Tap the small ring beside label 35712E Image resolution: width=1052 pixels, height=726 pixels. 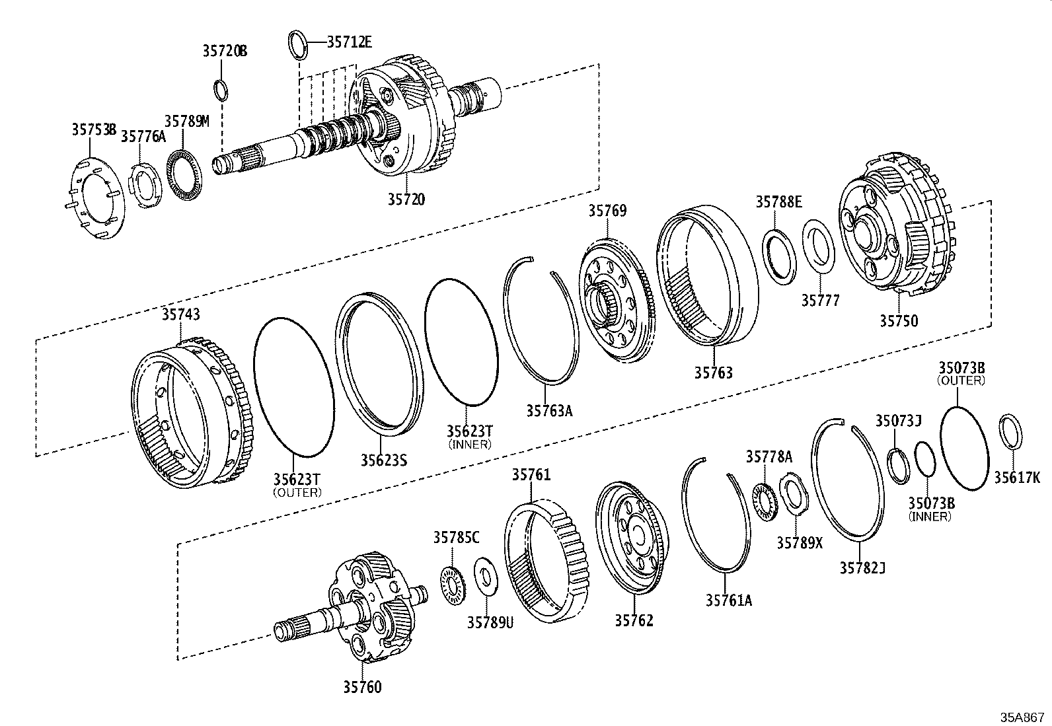point(298,44)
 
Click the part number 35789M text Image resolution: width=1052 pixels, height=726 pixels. point(186,121)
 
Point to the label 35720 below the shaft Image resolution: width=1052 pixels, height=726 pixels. point(406,198)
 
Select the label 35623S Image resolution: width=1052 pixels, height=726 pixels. point(383,459)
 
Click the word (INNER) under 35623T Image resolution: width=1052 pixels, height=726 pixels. point(469,445)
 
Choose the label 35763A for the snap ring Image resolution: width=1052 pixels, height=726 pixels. point(549,410)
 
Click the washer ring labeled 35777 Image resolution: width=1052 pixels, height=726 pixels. point(820,248)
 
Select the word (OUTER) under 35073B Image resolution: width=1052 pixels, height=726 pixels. point(961,381)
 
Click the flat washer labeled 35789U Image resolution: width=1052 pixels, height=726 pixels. point(486,575)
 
